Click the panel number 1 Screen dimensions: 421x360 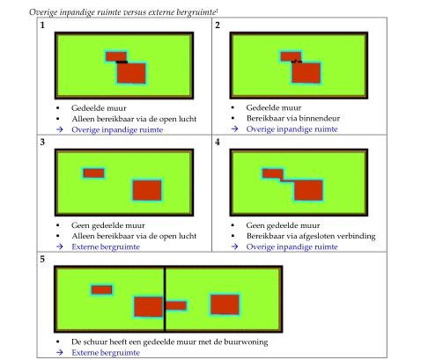[42, 26]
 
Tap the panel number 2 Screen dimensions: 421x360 [218, 26]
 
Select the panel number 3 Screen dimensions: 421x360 [42, 142]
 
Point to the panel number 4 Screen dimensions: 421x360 [218, 142]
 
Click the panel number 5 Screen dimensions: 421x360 [42, 259]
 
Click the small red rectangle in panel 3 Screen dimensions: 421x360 [93, 173]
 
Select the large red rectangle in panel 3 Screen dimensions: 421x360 [147, 190]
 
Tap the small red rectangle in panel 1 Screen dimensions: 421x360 [116, 56]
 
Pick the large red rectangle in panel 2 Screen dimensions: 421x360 [307, 73]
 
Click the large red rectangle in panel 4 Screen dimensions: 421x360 [308, 190]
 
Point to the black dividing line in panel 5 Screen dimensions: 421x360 [165, 299]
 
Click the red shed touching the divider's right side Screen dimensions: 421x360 [176, 305]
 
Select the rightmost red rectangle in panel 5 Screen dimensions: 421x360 [225, 305]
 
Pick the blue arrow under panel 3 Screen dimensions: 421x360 [60, 246]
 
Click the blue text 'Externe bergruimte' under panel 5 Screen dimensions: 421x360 [106, 352]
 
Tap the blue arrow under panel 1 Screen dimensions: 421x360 [60, 129]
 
